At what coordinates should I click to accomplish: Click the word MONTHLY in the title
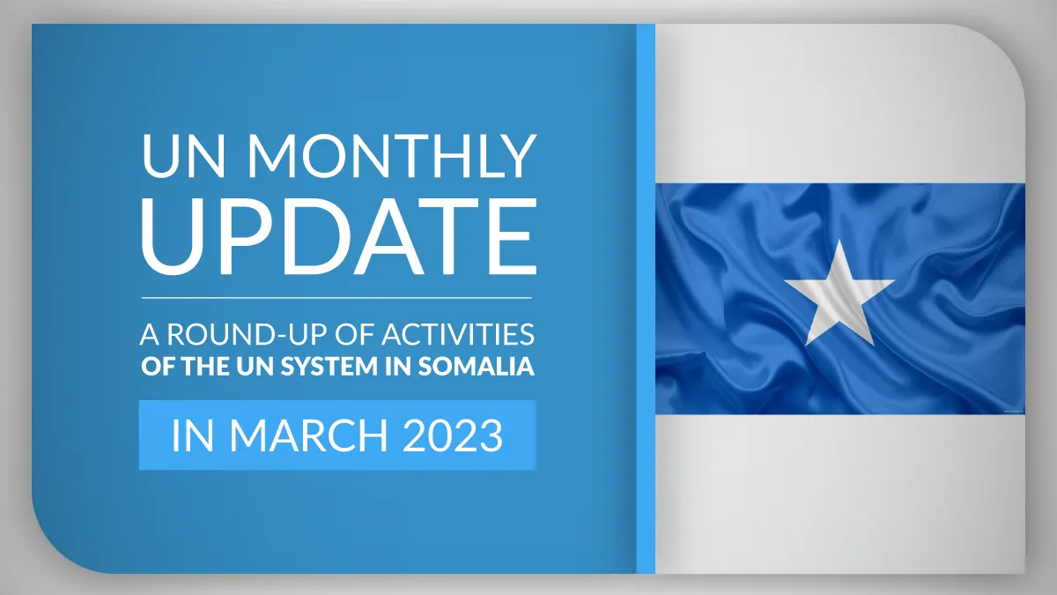tap(392, 155)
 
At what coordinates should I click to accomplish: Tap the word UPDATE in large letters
tap(339, 236)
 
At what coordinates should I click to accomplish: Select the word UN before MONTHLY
tap(183, 155)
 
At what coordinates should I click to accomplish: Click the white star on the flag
tap(839, 293)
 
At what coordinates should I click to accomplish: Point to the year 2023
tap(453, 435)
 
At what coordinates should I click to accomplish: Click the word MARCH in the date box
tap(308, 435)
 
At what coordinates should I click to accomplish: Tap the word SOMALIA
tap(477, 367)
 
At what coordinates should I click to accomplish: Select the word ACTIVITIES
tap(458, 334)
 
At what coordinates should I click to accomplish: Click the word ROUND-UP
tap(247, 334)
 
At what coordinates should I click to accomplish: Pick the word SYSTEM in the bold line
tap(329, 367)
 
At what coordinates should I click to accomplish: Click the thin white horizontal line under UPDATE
tap(336, 298)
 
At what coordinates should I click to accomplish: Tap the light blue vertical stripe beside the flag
tap(646, 299)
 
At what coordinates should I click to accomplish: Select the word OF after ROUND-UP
tap(354, 334)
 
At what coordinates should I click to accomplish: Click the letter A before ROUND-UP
tap(150, 334)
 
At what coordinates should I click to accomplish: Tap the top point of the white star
tap(840, 240)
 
